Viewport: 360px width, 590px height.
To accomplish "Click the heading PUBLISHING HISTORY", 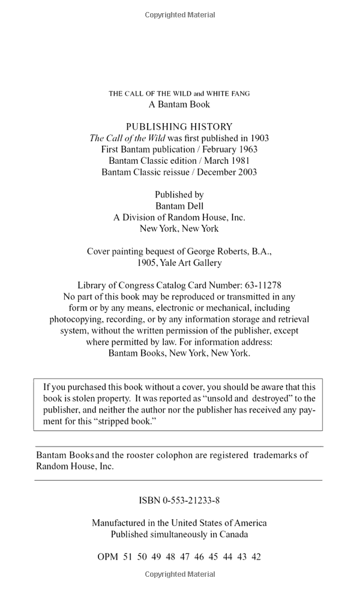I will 179,127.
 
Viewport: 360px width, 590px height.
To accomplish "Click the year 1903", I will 259,138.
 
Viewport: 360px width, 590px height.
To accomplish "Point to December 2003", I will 227,172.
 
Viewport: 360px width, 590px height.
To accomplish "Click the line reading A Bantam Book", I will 179,104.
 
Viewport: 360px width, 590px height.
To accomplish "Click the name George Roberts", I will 220,251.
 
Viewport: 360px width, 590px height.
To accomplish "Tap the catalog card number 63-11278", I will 260,286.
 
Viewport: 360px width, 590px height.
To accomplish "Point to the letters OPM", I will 107,557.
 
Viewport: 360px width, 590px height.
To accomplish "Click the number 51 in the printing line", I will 127,557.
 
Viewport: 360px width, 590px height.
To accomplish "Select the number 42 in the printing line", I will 256,557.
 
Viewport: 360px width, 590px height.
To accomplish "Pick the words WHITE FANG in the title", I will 228,94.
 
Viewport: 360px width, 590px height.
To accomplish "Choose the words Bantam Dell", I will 179,206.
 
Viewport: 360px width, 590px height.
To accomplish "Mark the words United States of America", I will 219,523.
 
